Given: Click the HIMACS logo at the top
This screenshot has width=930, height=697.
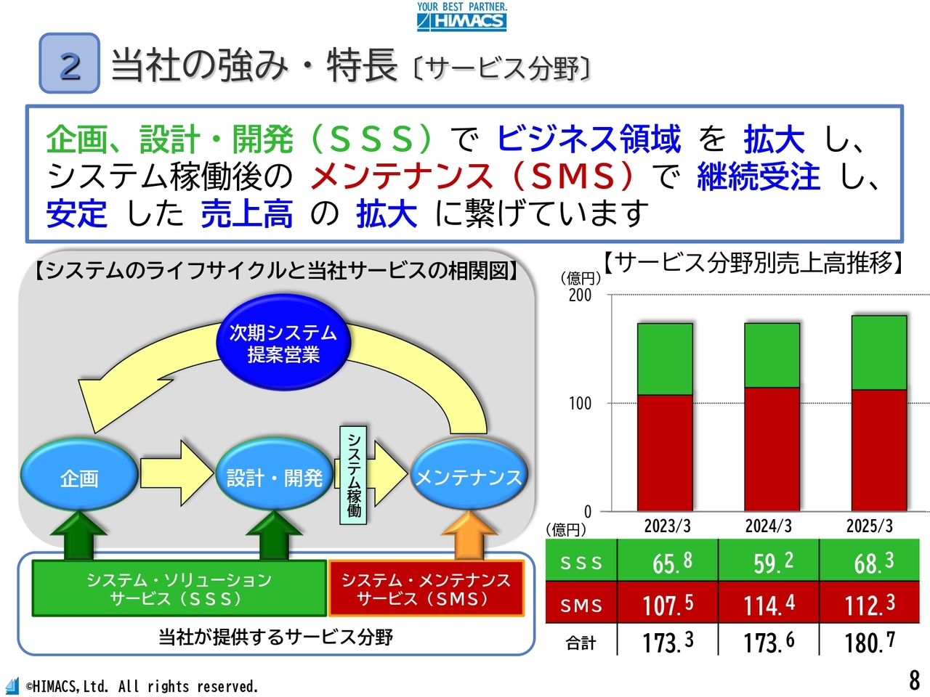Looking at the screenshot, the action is (462, 17).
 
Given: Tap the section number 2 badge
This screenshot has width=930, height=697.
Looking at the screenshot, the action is (70, 63).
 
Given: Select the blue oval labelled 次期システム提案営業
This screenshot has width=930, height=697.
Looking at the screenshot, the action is (283, 343).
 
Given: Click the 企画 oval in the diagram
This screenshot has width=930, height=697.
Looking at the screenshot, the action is (79, 475).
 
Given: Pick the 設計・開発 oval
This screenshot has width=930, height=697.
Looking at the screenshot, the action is (275, 475).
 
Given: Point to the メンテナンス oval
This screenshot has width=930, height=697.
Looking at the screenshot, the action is (469, 475).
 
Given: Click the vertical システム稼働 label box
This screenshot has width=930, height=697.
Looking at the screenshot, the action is (353, 476).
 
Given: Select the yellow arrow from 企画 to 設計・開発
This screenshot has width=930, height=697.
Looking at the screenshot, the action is (177, 473).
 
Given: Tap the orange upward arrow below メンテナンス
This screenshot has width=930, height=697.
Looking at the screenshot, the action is (469, 535).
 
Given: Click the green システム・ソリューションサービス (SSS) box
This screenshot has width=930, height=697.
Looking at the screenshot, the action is (179, 588).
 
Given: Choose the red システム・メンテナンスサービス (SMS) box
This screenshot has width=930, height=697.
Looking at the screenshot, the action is (426, 588).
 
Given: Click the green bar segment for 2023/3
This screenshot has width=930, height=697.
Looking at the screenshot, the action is (666, 359).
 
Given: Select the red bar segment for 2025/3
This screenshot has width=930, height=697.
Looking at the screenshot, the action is (879, 450).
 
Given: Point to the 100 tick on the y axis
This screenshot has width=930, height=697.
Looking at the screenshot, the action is (580, 403).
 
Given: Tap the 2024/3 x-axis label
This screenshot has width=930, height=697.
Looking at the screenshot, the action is (769, 526).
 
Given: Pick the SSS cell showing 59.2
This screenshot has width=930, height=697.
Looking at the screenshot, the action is (769, 560).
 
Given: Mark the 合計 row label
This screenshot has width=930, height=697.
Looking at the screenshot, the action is (581, 643).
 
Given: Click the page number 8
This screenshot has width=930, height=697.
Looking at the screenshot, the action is (914, 681).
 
